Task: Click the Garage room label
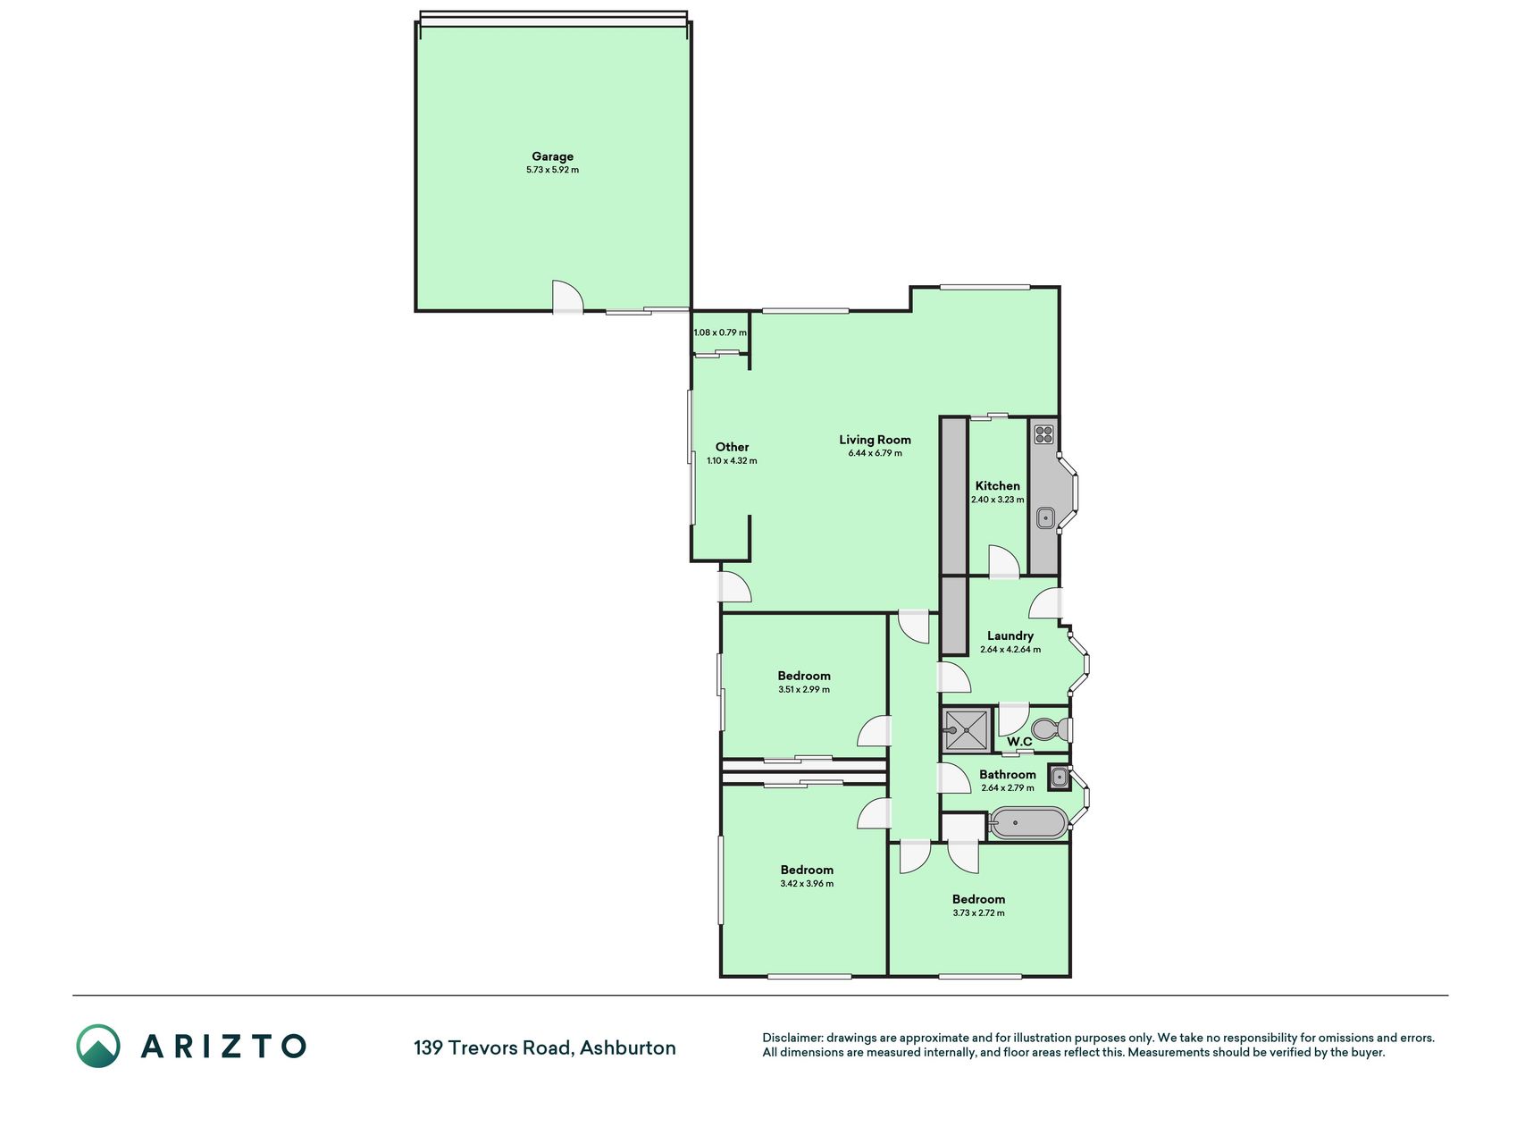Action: [552, 156]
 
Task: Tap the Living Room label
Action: [875, 440]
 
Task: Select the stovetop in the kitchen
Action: [1044, 435]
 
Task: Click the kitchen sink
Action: [1045, 518]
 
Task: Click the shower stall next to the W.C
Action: [966, 729]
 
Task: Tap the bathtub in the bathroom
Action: [1028, 824]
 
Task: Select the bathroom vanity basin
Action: [1059, 778]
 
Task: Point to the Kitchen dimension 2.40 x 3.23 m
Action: [998, 500]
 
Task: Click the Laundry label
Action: [1010, 636]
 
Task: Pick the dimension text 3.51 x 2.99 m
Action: [804, 690]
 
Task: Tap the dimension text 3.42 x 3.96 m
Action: [807, 884]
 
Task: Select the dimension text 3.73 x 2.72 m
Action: [978, 913]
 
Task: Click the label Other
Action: [732, 447]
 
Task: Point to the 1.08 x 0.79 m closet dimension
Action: [720, 332]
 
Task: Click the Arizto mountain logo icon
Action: [98, 1046]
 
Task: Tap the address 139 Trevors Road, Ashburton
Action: [544, 1047]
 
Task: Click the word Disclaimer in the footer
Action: [792, 1038]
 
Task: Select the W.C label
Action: [1019, 742]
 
